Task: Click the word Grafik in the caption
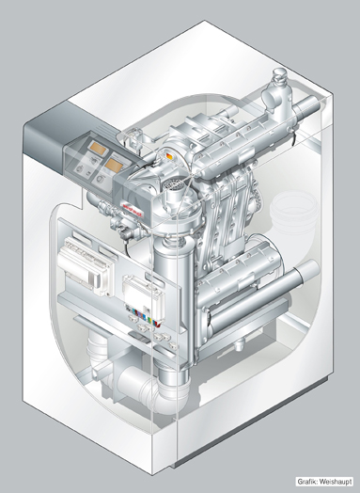(306, 482)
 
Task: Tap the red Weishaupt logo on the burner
(132, 210)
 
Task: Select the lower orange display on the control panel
(113, 165)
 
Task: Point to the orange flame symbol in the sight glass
(169, 156)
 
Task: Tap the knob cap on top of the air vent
(278, 74)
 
